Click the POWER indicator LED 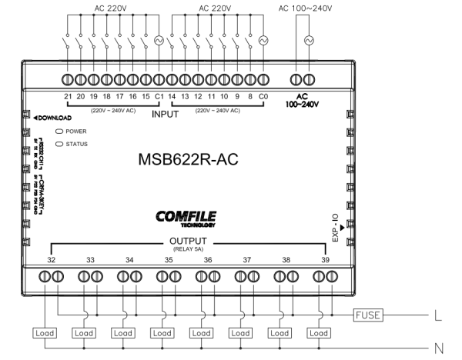[x=57, y=132]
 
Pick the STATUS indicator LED [x=57, y=143]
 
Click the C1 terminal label [x=159, y=98]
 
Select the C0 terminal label [x=264, y=98]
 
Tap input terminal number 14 [x=173, y=98]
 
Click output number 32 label [x=50, y=261]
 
